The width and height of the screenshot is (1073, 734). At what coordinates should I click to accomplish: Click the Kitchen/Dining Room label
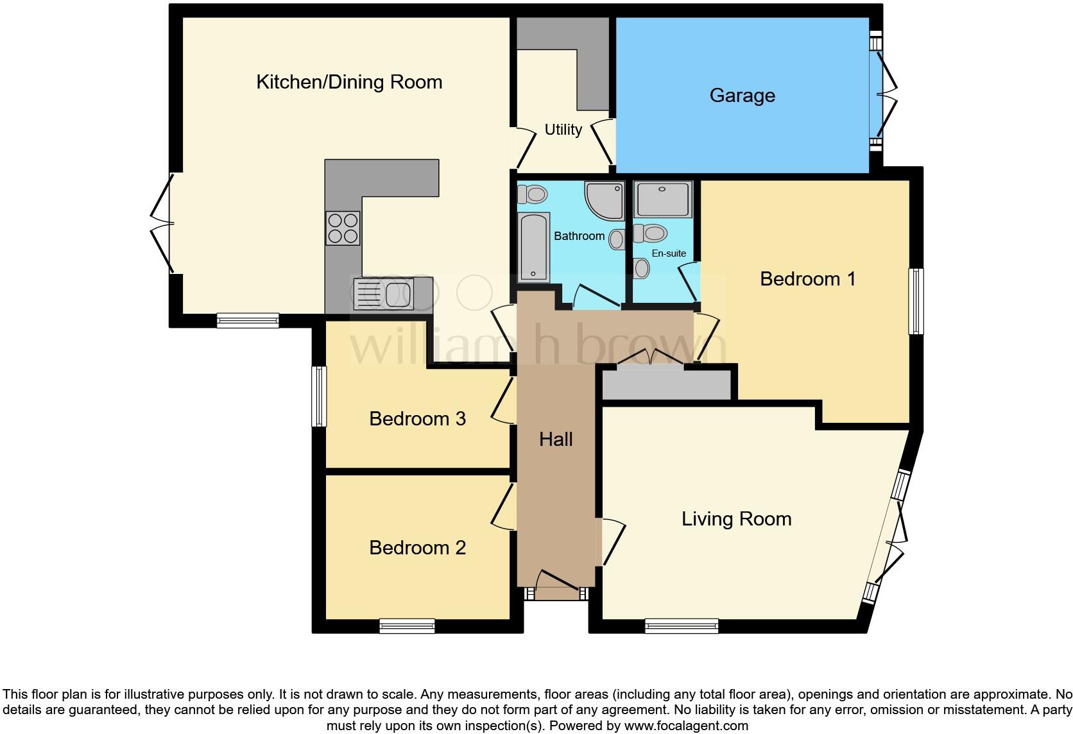click(349, 82)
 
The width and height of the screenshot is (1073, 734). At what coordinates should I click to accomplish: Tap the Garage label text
click(742, 96)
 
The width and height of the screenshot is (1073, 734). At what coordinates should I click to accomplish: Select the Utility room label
click(563, 130)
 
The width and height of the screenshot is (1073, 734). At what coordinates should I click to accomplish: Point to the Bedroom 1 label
click(807, 279)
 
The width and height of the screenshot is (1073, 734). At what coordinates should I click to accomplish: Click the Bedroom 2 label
click(417, 548)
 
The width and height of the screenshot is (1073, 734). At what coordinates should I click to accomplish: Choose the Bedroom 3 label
click(417, 419)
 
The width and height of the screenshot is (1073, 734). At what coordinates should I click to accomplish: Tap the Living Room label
click(736, 519)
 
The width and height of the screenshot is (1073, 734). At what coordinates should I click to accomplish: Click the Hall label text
click(556, 440)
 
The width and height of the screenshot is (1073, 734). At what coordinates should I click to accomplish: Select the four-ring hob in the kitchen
click(343, 228)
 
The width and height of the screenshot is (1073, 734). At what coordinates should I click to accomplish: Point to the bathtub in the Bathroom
click(533, 247)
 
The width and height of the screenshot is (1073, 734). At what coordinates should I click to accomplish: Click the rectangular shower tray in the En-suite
click(663, 200)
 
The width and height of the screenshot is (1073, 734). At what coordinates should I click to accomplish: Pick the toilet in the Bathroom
click(532, 193)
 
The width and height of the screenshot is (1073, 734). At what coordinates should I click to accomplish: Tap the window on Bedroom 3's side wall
click(319, 396)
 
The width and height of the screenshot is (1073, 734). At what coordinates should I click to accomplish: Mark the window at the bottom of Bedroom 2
click(407, 626)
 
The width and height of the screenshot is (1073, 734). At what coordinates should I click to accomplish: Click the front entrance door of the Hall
click(556, 594)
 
